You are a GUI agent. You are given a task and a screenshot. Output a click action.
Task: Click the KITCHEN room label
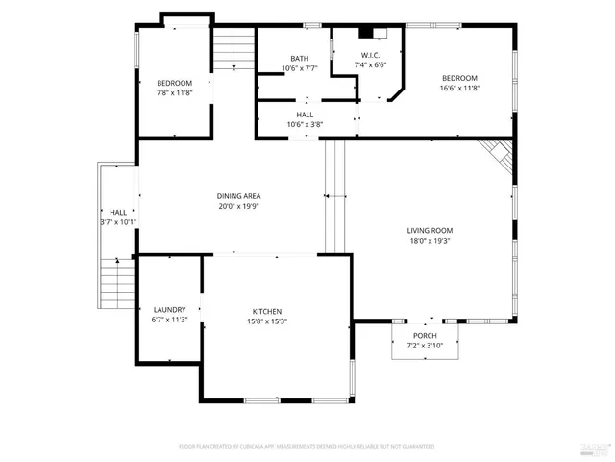click(267, 311)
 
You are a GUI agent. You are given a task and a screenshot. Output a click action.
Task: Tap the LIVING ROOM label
click(430, 230)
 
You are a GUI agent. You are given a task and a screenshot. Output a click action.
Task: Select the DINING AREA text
click(238, 195)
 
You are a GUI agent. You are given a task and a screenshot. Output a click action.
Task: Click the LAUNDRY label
click(169, 309)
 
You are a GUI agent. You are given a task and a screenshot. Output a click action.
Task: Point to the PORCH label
click(425, 334)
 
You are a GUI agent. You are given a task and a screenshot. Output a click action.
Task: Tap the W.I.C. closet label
click(371, 55)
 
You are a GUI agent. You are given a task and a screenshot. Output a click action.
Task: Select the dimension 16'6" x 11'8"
click(459, 89)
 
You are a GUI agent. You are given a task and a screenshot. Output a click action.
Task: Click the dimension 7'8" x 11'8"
click(175, 93)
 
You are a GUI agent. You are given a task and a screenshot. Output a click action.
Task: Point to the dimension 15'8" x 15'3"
click(267, 321)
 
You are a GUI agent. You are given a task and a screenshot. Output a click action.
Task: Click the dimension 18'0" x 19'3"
click(430, 241)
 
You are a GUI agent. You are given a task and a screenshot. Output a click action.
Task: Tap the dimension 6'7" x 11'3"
click(169, 320)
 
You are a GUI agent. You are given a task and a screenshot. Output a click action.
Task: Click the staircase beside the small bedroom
click(234, 49)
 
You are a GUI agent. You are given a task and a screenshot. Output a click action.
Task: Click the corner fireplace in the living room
click(498, 151)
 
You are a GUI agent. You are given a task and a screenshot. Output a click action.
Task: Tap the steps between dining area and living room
click(333, 195)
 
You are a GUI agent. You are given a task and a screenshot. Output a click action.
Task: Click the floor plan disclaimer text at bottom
click(307, 446)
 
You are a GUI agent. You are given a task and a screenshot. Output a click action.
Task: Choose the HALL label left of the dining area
click(118, 212)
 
